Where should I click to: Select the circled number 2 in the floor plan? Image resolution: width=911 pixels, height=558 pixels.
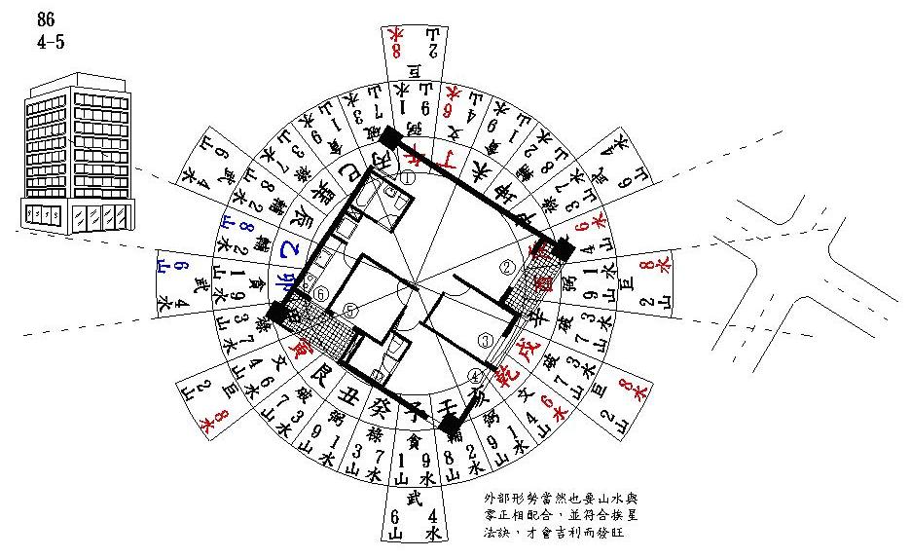[506, 266]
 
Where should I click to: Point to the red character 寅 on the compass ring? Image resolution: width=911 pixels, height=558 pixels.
[293, 343]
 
